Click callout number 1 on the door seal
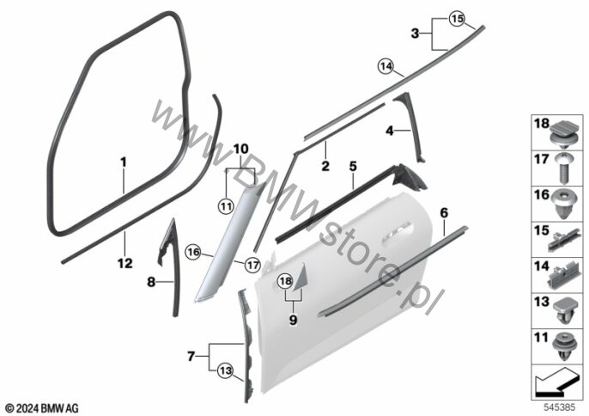pos(123,162)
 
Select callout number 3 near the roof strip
pos(416,34)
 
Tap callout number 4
pos(389,131)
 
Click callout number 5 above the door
pos(352,162)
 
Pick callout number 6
pos(443,212)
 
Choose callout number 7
pos(191,354)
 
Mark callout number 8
pos(151,280)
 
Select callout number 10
pos(240,149)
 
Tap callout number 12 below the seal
pos(125,263)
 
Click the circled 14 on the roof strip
pos(385,64)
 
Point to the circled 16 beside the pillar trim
pos(193,253)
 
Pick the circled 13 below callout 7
pos(224,370)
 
